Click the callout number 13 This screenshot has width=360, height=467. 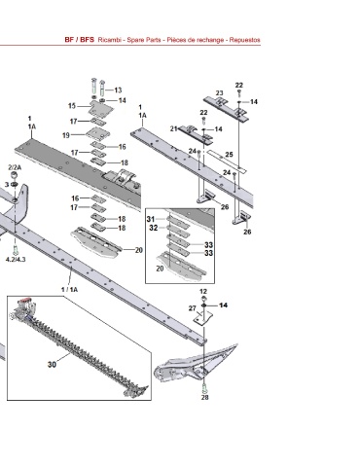(x=118, y=90)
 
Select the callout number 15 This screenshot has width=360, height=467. (x=72, y=106)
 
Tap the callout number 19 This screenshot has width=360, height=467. (x=66, y=135)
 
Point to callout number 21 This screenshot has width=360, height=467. (x=174, y=128)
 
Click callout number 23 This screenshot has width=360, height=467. (x=220, y=93)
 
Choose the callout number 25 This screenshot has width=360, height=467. (x=230, y=155)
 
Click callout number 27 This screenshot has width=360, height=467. (x=193, y=308)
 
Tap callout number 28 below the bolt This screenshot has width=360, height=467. (x=205, y=397)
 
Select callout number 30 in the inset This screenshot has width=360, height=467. (x=52, y=365)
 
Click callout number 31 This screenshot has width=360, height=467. (x=151, y=219)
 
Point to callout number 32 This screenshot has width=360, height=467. (x=154, y=228)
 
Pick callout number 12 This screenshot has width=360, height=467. (x=203, y=292)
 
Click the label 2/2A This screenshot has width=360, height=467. (x=15, y=167)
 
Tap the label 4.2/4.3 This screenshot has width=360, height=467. (x=16, y=260)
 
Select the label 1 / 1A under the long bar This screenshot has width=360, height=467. (x=70, y=289)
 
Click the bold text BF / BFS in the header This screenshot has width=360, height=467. (x=80, y=40)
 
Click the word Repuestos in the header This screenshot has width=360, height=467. (x=245, y=40)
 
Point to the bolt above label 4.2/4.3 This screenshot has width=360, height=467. (x=15, y=250)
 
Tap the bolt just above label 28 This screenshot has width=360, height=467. (x=204, y=387)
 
